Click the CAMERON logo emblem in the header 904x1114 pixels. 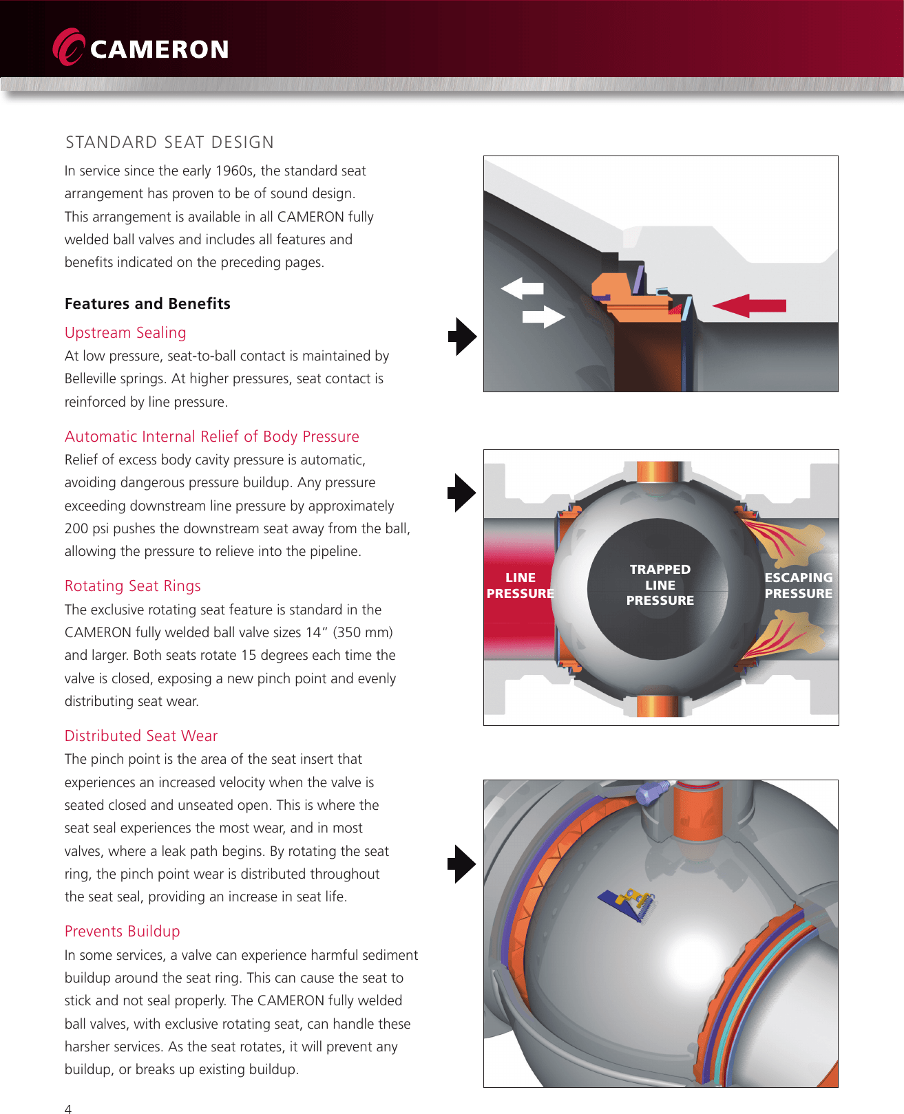[68, 47]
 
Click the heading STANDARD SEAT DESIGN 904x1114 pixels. [169, 142]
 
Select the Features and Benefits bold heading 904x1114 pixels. [147, 303]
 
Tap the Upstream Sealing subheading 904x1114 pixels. [125, 333]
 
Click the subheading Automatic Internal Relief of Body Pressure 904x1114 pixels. [211, 437]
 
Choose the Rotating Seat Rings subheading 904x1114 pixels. [132, 586]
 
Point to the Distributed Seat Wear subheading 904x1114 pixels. [140, 736]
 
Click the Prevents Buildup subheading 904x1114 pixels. [122, 932]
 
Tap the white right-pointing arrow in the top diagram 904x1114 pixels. [543, 317]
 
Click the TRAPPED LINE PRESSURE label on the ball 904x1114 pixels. [660, 585]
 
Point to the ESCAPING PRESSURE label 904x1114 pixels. [798, 586]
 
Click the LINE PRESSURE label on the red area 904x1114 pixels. [520, 586]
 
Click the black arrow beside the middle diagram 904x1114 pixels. [461, 493]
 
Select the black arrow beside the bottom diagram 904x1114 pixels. [461, 864]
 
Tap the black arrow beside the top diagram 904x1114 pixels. [461, 336]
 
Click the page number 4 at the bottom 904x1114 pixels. [67, 1108]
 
